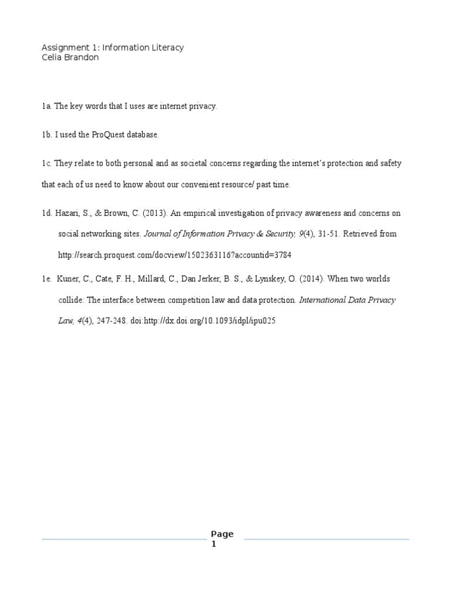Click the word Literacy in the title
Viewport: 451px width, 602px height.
[167, 47]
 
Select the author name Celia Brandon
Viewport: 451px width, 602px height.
[70, 57]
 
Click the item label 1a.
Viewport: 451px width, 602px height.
[46, 106]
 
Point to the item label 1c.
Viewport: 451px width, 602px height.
[46, 163]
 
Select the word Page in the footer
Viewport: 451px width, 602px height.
[222, 534]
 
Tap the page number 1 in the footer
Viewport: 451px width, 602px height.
[214, 544]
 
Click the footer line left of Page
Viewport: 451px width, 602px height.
[123, 539]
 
